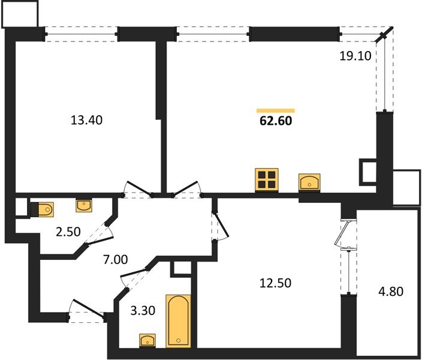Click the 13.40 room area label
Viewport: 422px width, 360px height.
point(87,120)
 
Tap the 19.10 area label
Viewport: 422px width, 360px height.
point(356,56)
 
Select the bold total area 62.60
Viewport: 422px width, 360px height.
point(276,121)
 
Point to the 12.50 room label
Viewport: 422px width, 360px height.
point(275,283)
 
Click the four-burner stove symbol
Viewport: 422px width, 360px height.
point(267,181)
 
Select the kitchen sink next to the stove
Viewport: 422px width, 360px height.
point(309,181)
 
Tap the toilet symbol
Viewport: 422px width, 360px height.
point(41,209)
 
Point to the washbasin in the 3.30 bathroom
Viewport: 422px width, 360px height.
point(147,341)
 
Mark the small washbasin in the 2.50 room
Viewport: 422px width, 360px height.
point(85,205)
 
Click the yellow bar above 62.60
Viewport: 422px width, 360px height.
point(276,110)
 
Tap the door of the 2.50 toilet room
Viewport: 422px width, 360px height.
point(99,233)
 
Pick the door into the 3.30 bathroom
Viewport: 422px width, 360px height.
point(134,278)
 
